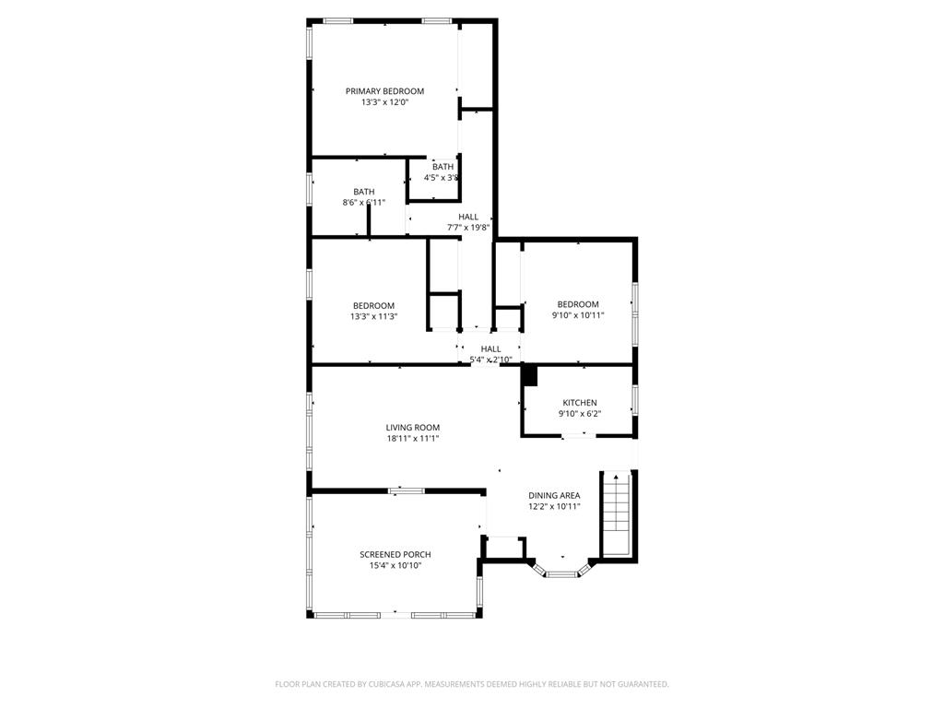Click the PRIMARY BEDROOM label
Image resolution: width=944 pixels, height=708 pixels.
point(384,91)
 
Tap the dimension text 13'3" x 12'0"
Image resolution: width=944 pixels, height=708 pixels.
point(384,102)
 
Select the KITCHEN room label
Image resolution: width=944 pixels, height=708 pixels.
point(580,403)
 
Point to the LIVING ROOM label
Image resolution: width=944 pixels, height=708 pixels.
point(412,428)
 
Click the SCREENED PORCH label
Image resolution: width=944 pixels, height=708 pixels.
point(395,555)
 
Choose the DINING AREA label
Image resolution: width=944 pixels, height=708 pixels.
point(554,495)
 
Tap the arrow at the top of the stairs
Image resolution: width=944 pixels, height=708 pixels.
point(616,478)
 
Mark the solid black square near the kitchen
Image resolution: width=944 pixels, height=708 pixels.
point(529,375)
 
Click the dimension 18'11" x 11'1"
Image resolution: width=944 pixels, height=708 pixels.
point(412,439)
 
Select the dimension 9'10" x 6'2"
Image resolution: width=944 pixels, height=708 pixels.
point(580,414)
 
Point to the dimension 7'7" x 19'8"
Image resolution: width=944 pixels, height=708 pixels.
point(468,228)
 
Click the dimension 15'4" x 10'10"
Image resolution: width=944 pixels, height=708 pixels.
point(395,566)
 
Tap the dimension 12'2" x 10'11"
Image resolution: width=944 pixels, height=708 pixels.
point(554,506)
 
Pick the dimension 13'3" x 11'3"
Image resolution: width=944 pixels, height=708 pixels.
point(373,317)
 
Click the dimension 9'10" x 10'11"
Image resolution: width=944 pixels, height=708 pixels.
point(578,315)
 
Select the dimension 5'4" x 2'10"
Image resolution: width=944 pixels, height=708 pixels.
point(490,360)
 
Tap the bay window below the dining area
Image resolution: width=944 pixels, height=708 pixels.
point(560,572)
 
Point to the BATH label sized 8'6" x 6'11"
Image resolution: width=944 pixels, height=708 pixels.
point(363,192)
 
